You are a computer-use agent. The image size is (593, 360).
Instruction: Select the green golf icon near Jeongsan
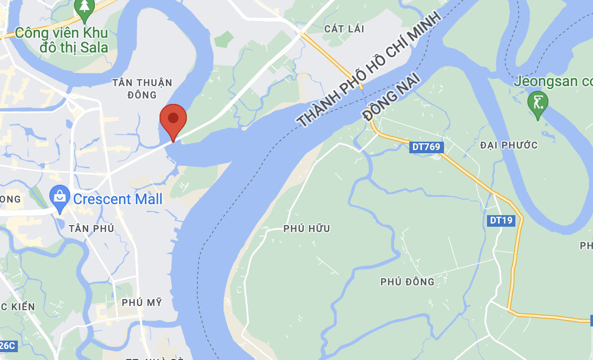coord(537,102)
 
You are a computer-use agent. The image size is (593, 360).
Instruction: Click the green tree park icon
coord(84,8)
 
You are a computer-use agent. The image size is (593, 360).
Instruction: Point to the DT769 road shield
coord(426,147)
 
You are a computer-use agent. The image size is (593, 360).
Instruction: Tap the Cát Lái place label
coord(344,29)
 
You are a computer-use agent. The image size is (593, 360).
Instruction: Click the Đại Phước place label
coord(509,145)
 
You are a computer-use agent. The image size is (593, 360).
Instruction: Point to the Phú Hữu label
coord(306,228)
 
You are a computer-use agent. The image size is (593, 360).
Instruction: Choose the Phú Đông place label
coord(407,282)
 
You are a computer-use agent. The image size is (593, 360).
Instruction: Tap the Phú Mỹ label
coord(142,302)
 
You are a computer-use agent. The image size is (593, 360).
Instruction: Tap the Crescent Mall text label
coord(118,199)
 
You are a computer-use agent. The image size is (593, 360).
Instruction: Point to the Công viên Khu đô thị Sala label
coord(62,40)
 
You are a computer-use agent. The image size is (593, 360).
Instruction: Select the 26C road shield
coord(7,345)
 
